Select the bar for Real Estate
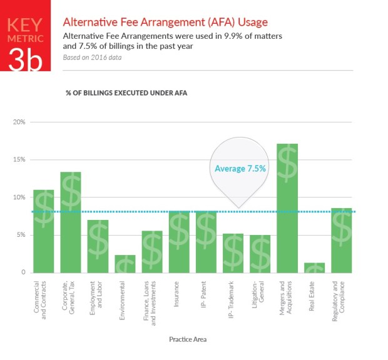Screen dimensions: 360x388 tap(314, 267)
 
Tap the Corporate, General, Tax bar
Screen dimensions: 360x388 tap(70, 222)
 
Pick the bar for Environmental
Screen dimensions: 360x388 tap(125, 264)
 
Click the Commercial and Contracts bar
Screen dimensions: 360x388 tap(43, 231)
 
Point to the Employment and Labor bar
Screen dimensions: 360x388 tap(98, 246)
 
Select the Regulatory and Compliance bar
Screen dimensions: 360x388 tap(341, 240)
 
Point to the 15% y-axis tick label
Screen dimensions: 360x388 tap(19, 160)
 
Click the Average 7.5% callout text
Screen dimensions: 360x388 tap(240, 169)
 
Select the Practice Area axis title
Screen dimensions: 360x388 tap(188, 340)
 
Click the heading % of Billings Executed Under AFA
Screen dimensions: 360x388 tap(126, 92)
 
